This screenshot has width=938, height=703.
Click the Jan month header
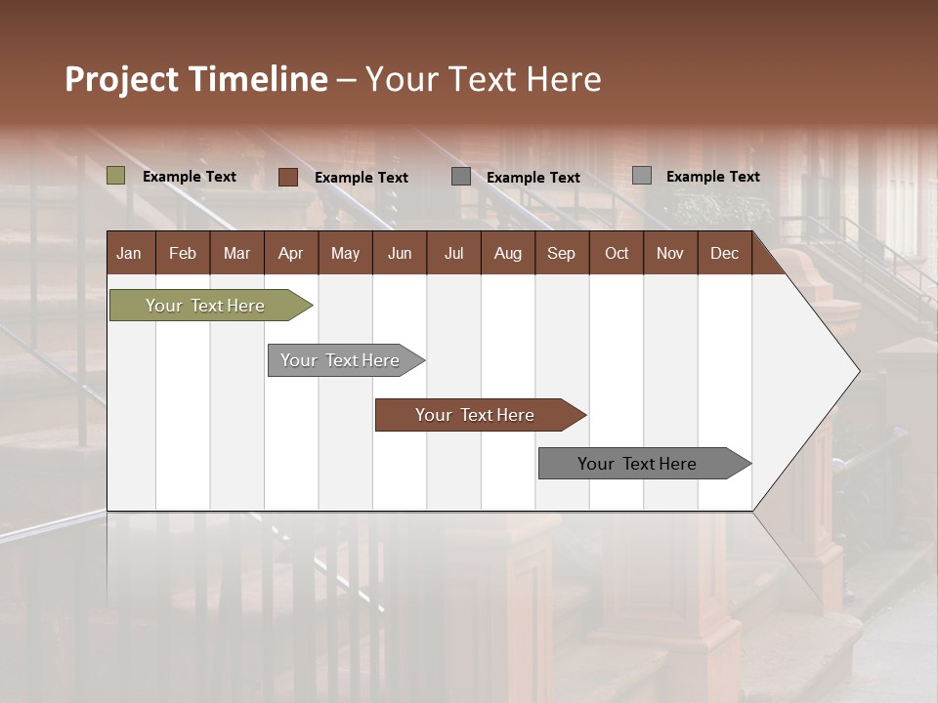[129, 253]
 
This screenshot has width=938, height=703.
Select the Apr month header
[290, 253]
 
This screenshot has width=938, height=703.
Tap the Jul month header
[453, 253]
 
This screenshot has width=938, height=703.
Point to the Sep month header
[561, 253]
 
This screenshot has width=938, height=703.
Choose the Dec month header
[724, 253]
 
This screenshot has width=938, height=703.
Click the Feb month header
[183, 253]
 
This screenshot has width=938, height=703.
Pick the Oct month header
[617, 253]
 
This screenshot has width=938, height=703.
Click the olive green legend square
[116, 176]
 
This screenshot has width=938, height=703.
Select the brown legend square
[288, 177]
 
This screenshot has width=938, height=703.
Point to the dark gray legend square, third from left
[461, 177]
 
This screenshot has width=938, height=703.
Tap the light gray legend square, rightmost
[642, 176]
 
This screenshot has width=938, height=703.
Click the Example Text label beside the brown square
[362, 178]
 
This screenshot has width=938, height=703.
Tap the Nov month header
[670, 253]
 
